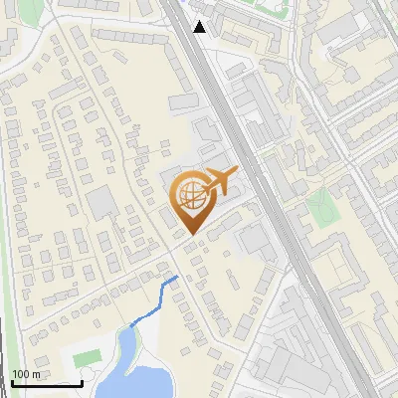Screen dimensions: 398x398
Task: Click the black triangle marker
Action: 200,27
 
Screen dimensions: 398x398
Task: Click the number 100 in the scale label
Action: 20,374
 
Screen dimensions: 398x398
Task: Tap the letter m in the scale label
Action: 35,374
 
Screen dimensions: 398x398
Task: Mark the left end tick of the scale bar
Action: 12,382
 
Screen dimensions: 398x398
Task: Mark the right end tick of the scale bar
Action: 82,382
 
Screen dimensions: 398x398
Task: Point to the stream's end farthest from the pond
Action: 177,277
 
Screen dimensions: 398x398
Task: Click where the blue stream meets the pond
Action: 130,324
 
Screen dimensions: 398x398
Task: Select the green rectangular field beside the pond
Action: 88,356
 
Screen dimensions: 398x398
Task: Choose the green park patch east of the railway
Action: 320,207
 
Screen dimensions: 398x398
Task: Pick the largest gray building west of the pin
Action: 100,204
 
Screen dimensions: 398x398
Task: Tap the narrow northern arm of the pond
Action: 125,343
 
